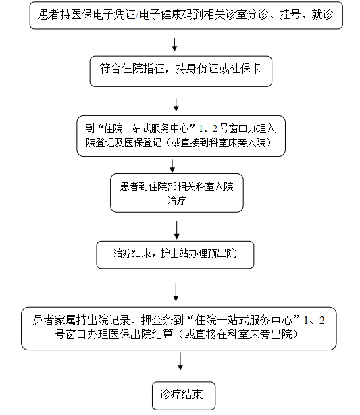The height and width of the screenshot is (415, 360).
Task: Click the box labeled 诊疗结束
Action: [184, 395]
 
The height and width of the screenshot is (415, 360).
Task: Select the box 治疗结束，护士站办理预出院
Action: [175, 254]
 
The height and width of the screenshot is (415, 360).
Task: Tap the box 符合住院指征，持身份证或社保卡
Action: [181, 72]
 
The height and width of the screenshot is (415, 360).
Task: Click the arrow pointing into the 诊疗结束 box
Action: [180, 361]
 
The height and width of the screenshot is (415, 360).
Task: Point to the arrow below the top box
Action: [174, 45]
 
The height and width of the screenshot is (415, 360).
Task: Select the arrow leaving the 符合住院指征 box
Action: [176, 105]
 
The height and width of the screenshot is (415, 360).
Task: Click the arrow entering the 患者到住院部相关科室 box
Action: [172, 166]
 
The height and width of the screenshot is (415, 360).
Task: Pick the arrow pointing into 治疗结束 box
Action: [177, 230]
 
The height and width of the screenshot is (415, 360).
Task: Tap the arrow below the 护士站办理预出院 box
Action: [176, 292]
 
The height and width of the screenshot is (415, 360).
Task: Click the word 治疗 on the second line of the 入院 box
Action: [176, 200]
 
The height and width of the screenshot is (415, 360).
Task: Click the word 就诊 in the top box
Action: [322, 14]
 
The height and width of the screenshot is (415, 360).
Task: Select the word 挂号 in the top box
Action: [290, 14]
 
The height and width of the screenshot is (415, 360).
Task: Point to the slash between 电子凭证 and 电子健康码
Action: [137, 15]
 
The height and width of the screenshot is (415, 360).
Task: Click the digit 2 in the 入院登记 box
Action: [215, 129]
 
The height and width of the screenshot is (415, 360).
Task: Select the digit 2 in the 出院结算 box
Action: [322, 321]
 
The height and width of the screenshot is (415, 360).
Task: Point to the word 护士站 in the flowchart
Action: [175, 254]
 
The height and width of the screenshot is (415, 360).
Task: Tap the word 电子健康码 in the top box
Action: [166, 14]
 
